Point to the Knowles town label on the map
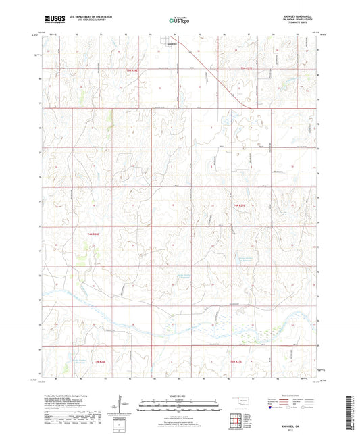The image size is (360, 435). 172,45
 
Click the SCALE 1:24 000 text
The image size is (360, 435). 178,396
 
